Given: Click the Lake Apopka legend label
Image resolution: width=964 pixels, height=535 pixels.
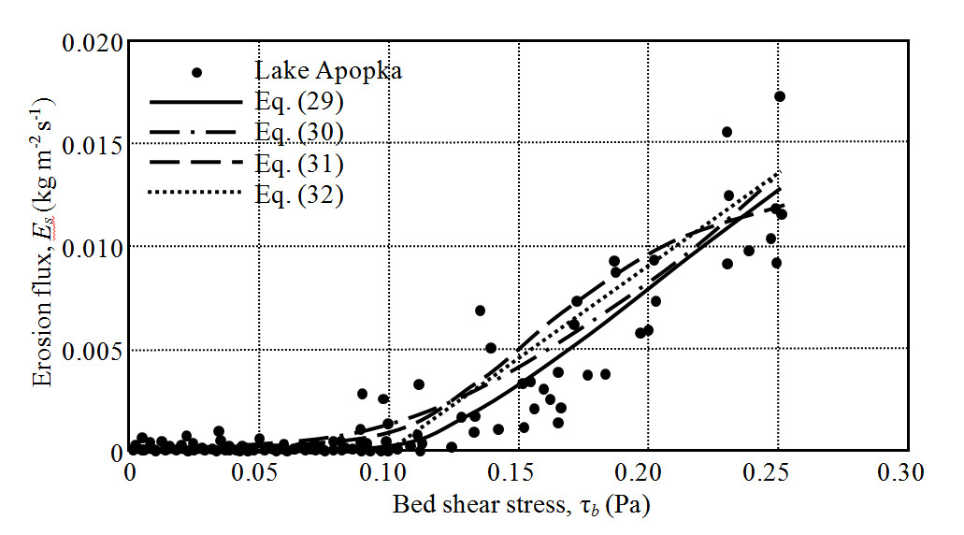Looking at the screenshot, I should (x=327, y=71).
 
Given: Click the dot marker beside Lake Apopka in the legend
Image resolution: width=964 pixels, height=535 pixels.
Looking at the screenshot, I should (x=197, y=72).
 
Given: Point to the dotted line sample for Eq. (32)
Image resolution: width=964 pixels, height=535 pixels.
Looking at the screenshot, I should (x=196, y=195).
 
